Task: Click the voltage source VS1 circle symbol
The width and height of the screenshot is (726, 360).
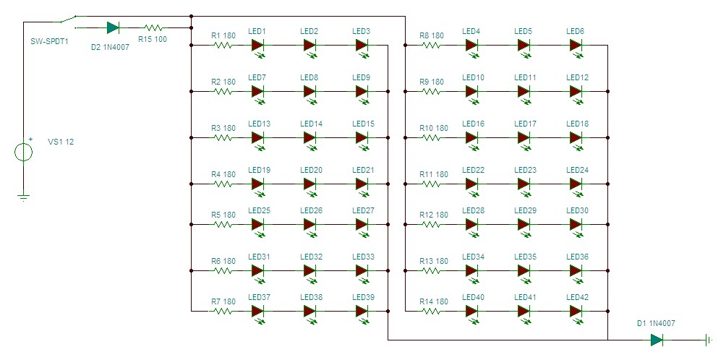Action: coord(24,152)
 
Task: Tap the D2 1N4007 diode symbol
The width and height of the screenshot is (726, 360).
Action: coord(113,27)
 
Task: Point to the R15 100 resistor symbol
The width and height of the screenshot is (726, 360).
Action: coord(153,27)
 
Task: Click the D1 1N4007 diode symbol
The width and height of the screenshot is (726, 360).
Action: coord(657,340)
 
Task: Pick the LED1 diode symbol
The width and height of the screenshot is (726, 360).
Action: coord(258,46)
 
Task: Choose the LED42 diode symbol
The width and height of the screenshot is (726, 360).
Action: coord(576,311)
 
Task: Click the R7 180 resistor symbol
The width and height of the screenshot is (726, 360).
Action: coord(223,311)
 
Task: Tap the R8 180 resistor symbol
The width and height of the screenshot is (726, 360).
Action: coord(431,46)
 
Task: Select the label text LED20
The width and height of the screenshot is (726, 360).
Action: coord(311,171)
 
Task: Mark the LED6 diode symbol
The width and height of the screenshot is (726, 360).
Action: coord(576,46)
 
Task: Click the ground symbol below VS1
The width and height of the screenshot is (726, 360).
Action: coord(24,197)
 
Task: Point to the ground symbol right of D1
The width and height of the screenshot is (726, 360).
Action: coord(709,340)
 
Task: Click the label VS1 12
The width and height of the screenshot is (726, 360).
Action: coord(61,142)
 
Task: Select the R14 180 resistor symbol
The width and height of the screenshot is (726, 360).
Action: coord(431,311)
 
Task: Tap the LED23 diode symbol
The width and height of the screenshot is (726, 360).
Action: coord(524,184)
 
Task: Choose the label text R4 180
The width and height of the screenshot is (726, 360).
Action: coord(223,174)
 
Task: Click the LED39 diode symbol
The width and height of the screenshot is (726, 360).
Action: coord(362,311)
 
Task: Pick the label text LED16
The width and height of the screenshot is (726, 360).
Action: coord(473,124)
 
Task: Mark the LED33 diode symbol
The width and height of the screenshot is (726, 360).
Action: coord(362,270)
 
